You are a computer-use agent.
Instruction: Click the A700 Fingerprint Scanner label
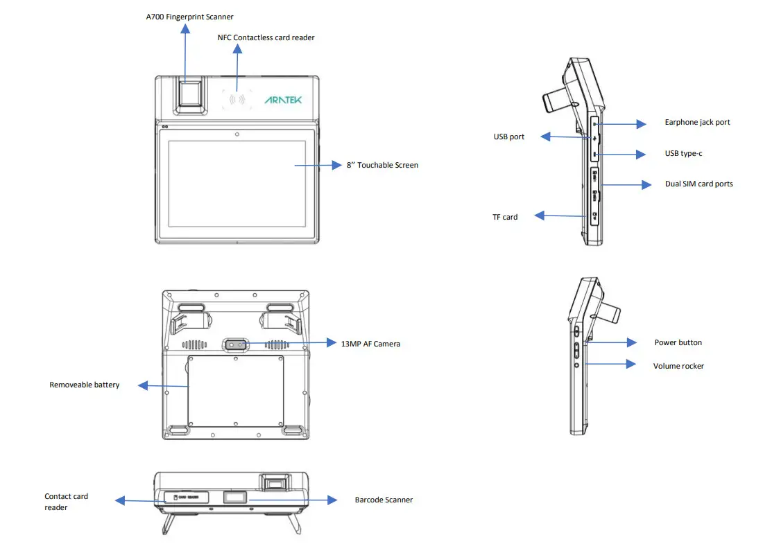[x=189, y=17]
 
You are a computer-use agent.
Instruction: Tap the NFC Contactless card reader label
[x=266, y=37]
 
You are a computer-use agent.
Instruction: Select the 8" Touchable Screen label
[x=382, y=165]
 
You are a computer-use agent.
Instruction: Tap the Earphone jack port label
[x=697, y=123]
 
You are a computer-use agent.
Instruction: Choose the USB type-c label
[x=683, y=153]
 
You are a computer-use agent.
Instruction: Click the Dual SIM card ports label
[x=698, y=184]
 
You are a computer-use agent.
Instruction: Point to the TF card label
[x=505, y=217]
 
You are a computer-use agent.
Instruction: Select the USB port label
[x=508, y=137]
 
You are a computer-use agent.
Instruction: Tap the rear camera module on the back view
[x=237, y=344]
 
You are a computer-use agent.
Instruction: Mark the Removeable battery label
[x=84, y=385]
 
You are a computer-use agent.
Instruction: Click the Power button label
[x=678, y=342]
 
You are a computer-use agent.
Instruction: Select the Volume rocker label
[x=678, y=366]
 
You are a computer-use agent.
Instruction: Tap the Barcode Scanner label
[x=384, y=500]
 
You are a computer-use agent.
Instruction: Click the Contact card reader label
[x=66, y=502]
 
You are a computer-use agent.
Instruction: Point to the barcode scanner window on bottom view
[x=236, y=498]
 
